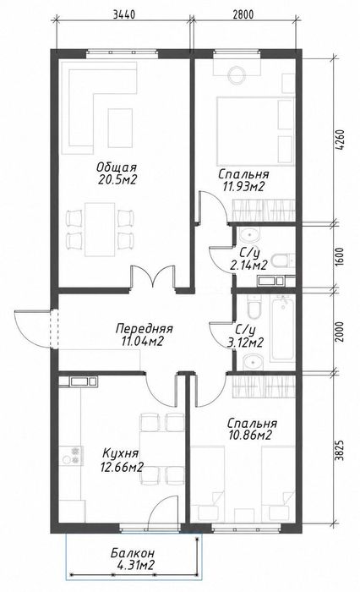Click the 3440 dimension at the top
point(123,15)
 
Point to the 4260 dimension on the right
point(341,141)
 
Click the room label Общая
point(117,167)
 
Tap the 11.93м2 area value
point(241,186)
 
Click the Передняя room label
point(144,328)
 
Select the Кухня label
point(121,452)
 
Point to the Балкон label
point(133,553)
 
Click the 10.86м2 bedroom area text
point(250,436)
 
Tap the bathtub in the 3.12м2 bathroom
point(283,328)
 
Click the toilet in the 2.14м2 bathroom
point(283,260)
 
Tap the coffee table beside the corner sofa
point(120,128)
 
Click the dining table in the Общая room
point(100,229)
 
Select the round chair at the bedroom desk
point(237,74)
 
